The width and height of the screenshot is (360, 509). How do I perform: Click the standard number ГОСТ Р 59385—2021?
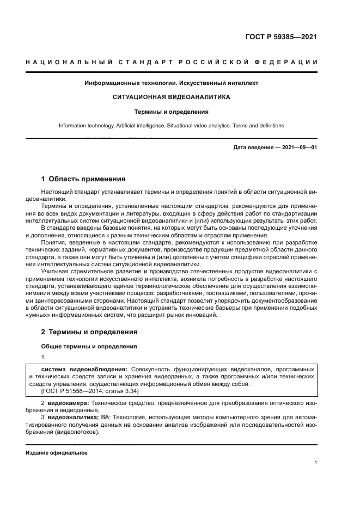(282, 38)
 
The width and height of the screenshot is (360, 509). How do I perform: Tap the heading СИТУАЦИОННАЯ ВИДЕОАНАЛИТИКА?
(171, 97)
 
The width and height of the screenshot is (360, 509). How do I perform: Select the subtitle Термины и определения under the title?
(172, 112)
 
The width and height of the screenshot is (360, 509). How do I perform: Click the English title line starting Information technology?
(171, 126)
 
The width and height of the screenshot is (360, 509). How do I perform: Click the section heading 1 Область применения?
(83, 179)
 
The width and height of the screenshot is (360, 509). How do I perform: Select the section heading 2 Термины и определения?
(89, 332)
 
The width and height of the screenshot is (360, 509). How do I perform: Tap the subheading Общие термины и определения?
(88, 346)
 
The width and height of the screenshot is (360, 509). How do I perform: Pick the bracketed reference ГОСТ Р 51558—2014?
(71, 391)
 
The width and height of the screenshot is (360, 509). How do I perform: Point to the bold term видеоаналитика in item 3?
(72, 417)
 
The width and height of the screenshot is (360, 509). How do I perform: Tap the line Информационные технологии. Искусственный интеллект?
(171, 83)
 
